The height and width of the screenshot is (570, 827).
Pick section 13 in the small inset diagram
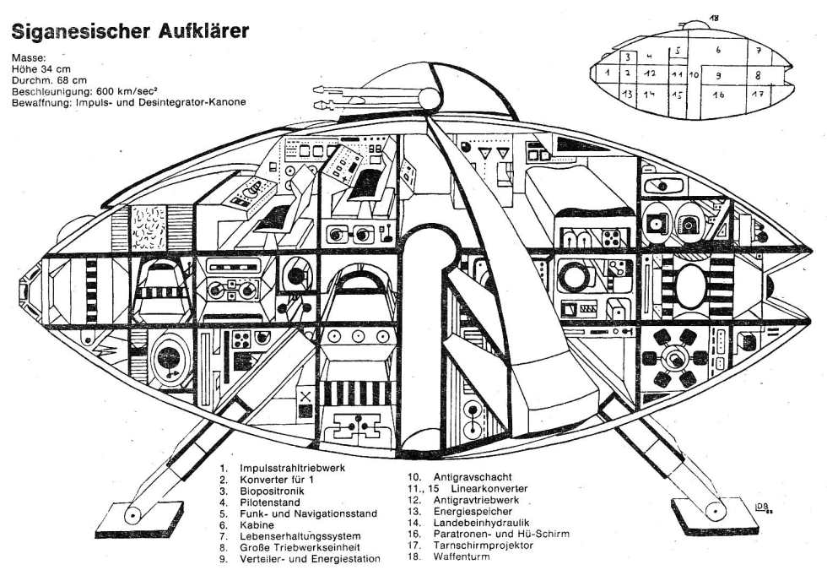click(x=626, y=94)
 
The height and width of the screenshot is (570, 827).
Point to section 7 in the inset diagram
click(x=759, y=51)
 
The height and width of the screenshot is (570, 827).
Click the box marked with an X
click(x=305, y=395)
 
